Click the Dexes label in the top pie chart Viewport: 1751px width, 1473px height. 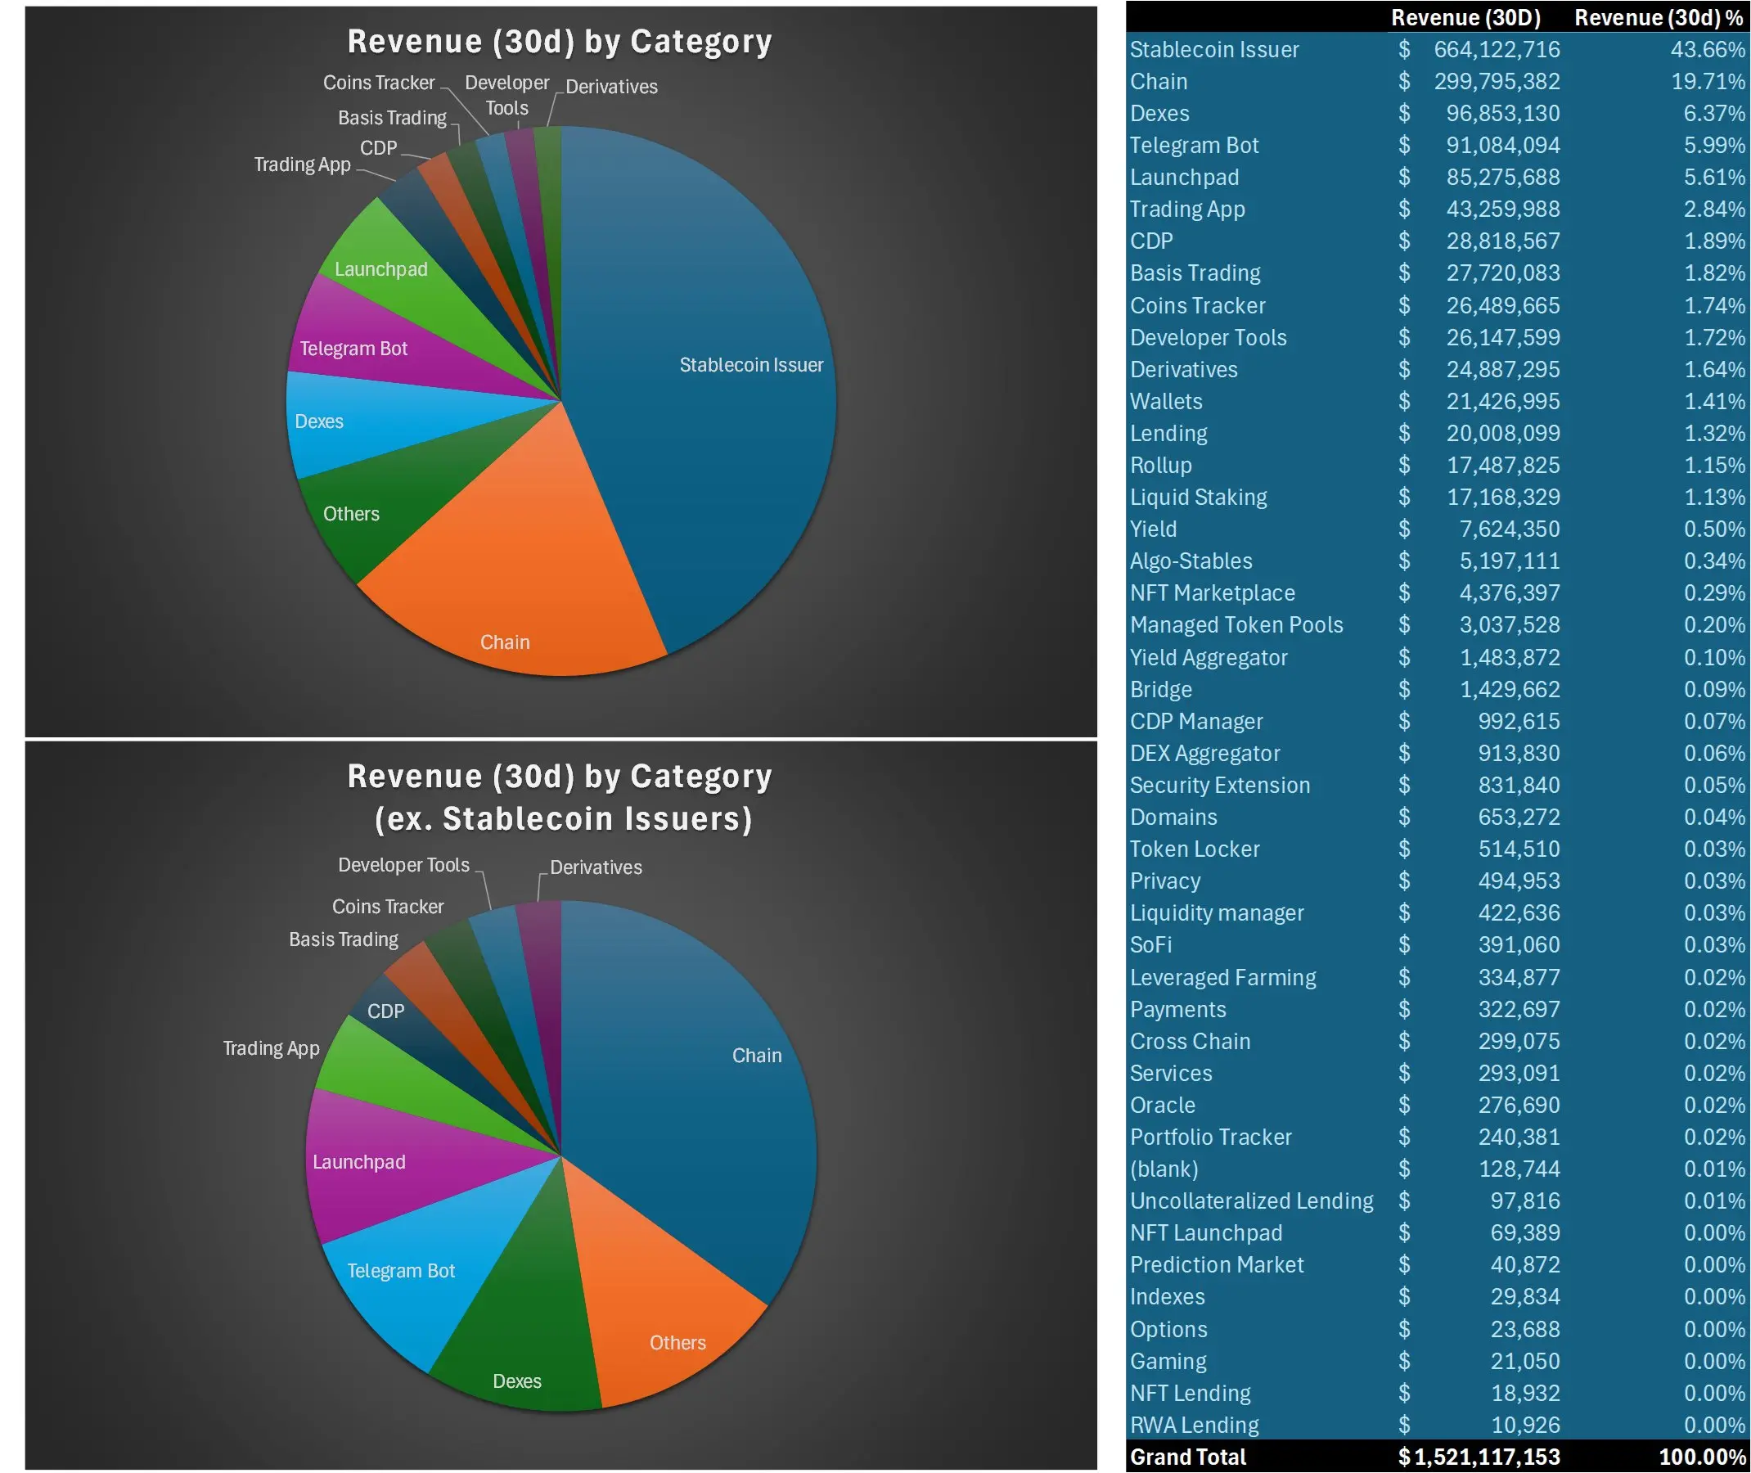pyautogui.click(x=319, y=421)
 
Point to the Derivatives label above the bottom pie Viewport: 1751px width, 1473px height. pyautogui.click(x=596, y=867)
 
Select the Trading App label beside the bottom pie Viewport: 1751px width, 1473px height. pyautogui.click(x=271, y=1048)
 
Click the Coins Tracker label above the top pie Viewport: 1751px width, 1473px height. pyautogui.click(x=378, y=83)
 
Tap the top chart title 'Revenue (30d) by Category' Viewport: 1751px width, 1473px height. pyautogui.click(x=560, y=42)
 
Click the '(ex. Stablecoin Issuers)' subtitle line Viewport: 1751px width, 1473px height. pyautogui.click(x=563, y=819)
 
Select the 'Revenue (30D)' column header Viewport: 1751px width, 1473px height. pyautogui.click(x=1465, y=17)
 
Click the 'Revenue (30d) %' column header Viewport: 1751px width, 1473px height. pyautogui.click(x=1658, y=17)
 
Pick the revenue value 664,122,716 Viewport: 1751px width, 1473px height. pyautogui.click(x=1497, y=49)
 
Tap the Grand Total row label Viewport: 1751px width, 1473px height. pyautogui.click(x=1186, y=1457)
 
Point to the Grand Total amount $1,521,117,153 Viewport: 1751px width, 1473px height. pyautogui.click(x=1478, y=1457)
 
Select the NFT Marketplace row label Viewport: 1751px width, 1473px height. pyautogui.click(x=1212, y=592)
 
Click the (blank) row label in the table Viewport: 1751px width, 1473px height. pyautogui.click(x=1164, y=1169)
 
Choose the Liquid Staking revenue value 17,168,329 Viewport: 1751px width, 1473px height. pyautogui.click(x=1502, y=497)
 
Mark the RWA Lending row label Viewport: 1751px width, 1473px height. pyautogui.click(x=1194, y=1425)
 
